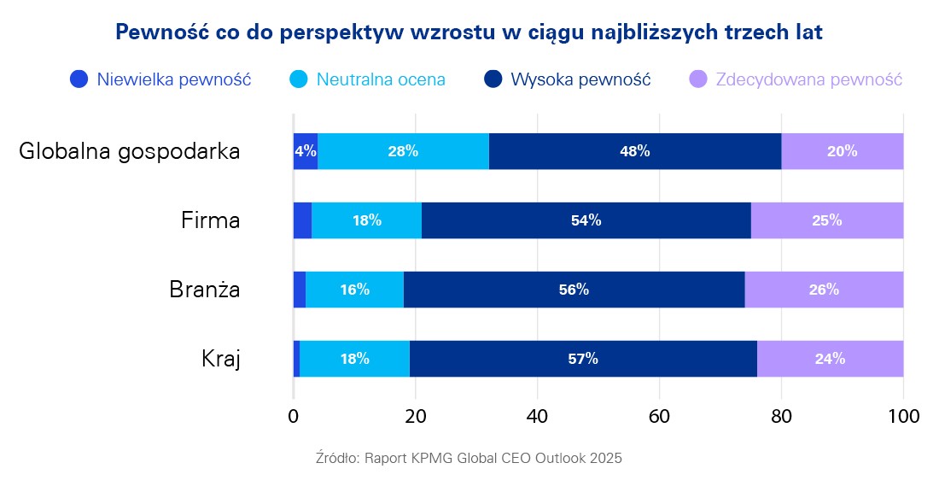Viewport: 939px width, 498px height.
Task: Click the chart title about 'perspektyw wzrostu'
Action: point(469,32)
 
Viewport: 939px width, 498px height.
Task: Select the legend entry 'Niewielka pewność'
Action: point(160,80)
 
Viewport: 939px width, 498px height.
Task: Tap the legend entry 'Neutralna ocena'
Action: point(367,80)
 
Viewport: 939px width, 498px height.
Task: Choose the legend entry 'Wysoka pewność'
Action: point(568,80)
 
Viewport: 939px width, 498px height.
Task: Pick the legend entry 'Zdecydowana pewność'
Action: point(796,80)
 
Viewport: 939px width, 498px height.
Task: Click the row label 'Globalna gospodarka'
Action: point(130,152)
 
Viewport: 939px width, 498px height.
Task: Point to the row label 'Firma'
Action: point(211,220)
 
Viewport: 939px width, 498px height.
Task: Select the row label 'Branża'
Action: point(204,290)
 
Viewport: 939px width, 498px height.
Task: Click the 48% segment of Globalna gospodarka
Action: point(635,151)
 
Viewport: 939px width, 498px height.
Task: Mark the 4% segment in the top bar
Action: point(306,151)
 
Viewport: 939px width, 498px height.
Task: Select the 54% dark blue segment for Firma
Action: point(586,220)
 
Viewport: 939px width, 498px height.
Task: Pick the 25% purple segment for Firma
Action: point(827,220)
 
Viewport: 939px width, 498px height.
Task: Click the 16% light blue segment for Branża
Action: point(354,290)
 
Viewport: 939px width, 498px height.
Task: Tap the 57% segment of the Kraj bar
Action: point(583,359)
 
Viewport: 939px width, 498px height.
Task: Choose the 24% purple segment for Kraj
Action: point(830,359)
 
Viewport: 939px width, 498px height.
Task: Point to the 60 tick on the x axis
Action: point(659,417)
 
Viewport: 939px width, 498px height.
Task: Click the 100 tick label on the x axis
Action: point(903,417)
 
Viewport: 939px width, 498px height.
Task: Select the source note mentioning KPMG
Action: point(469,458)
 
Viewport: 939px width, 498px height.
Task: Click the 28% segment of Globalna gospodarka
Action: point(403,151)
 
